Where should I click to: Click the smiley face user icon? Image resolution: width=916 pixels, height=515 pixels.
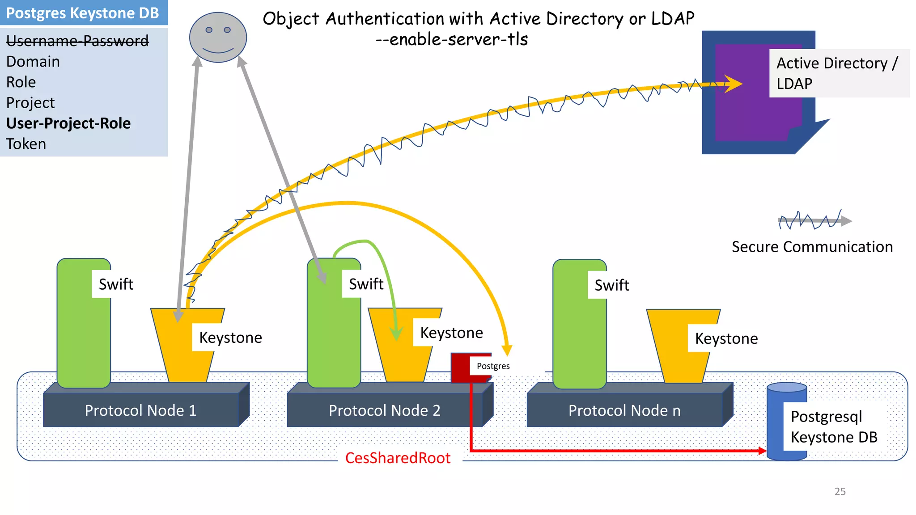coord(218,38)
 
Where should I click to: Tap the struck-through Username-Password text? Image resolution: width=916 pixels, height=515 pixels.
coord(77,41)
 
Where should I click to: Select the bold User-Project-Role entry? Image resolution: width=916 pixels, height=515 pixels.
coord(68,123)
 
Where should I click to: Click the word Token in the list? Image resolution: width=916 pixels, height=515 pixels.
coord(26,144)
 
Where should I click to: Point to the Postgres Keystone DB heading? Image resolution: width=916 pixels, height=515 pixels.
coord(83,13)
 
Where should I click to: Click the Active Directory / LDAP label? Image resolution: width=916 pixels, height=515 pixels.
coord(837,73)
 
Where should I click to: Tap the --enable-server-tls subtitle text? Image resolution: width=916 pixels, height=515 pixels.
coord(452,39)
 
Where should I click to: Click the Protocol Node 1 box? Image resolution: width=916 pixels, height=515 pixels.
coord(140,410)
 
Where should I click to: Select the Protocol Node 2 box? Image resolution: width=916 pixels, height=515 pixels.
coord(384,410)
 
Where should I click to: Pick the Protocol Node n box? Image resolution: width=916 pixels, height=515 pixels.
coord(624,410)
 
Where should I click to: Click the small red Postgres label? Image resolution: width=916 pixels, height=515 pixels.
coord(493,366)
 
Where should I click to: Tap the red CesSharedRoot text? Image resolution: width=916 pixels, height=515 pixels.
coord(398,458)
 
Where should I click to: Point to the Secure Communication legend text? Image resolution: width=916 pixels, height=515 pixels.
coord(812,247)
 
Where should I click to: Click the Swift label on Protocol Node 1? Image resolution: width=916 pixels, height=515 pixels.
coord(116,284)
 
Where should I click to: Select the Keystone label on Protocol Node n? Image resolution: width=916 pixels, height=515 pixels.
coord(726,338)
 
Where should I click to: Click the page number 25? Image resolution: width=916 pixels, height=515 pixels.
coord(840,491)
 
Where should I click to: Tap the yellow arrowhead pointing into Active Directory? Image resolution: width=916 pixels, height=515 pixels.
coord(734,84)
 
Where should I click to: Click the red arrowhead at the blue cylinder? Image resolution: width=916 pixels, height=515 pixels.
coord(762,451)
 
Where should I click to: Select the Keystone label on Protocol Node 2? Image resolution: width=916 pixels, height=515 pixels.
coord(451,333)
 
